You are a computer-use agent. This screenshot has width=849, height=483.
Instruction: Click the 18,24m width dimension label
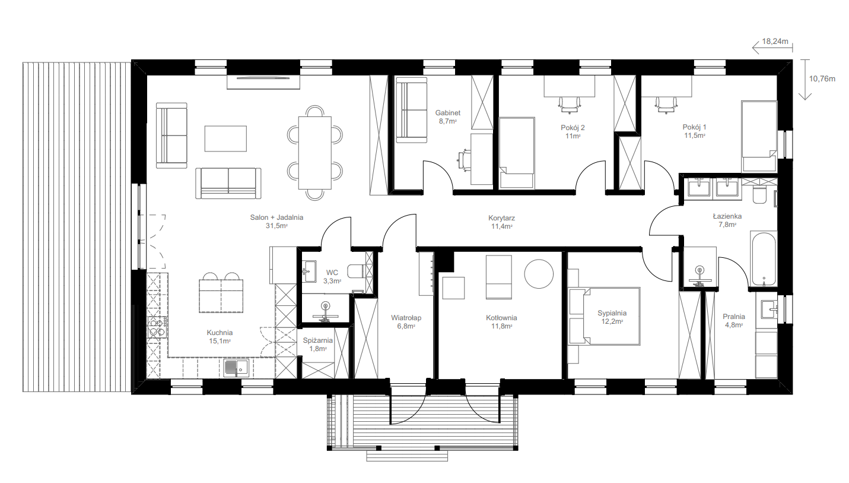click(x=775, y=42)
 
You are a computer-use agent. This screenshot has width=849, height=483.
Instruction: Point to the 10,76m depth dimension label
click(x=822, y=79)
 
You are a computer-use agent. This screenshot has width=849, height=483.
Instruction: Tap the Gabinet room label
click(x=447, y=113)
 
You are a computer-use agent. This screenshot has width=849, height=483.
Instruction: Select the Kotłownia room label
click(x=501, y=318)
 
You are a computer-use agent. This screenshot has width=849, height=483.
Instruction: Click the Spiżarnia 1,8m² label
click(x=317, y=345)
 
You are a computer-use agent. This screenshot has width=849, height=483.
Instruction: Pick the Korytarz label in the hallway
click(x=501, y=218)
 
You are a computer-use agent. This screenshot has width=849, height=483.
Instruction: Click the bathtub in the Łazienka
click(x=764, y=259)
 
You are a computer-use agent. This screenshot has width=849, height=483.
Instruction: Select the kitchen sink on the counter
click(x=236, y=368)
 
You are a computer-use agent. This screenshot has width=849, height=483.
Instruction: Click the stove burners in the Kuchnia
click(x=157, y=327)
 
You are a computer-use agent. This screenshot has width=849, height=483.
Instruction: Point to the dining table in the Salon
click(x=314, y=153)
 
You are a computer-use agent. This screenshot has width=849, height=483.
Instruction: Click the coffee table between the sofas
click(x=225, y=138)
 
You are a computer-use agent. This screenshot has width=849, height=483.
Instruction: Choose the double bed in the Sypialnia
click(x=604, y=317)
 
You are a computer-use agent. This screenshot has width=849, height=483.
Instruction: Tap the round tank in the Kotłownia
click(x=539, y=273)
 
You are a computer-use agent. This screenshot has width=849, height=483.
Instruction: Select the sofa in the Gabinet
click(x=411, y=111)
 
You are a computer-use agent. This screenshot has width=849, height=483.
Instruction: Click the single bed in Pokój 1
click(x=759, y=137)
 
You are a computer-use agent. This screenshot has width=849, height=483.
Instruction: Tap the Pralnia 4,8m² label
click(x=734, y=321)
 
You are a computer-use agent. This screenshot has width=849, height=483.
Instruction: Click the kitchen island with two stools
click(x=221, y=292)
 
